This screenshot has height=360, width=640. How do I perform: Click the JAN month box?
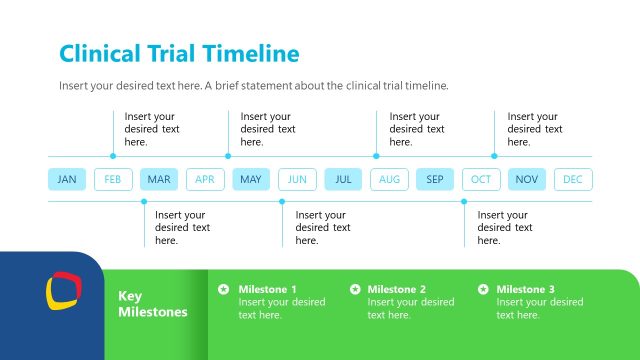tap(67, 180)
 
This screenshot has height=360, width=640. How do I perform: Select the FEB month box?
tap(113, 180)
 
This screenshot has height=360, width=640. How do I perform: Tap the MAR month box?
tap(159, 180)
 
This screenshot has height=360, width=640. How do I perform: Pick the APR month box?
tap(205, 180)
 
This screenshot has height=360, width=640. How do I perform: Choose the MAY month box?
tap(251, 180)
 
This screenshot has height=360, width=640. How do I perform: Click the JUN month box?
tap(297, 180)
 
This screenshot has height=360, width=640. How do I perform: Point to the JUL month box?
tap(343, 180)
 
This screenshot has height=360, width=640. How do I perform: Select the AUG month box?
tap(389, 180)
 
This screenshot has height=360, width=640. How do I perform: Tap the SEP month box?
tap(435, 180)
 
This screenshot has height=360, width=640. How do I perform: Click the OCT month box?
tap(481, 180)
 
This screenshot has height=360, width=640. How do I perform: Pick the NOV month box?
tap(527, 180)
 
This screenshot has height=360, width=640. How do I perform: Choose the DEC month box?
tap(573, 180)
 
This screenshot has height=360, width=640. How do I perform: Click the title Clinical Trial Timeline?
tap(179, 53)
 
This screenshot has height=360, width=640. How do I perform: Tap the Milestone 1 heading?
tap(267, 289)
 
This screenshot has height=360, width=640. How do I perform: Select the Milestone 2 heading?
tap(396, 289)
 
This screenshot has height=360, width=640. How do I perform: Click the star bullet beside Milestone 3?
tap(484, 289)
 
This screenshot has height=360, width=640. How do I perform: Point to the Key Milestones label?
tap(152, 304)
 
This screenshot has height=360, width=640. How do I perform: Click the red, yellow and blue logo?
tap(63, 293)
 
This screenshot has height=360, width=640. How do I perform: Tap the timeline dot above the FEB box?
tap(113, 156)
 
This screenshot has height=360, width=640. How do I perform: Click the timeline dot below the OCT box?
tap(465, 201)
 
